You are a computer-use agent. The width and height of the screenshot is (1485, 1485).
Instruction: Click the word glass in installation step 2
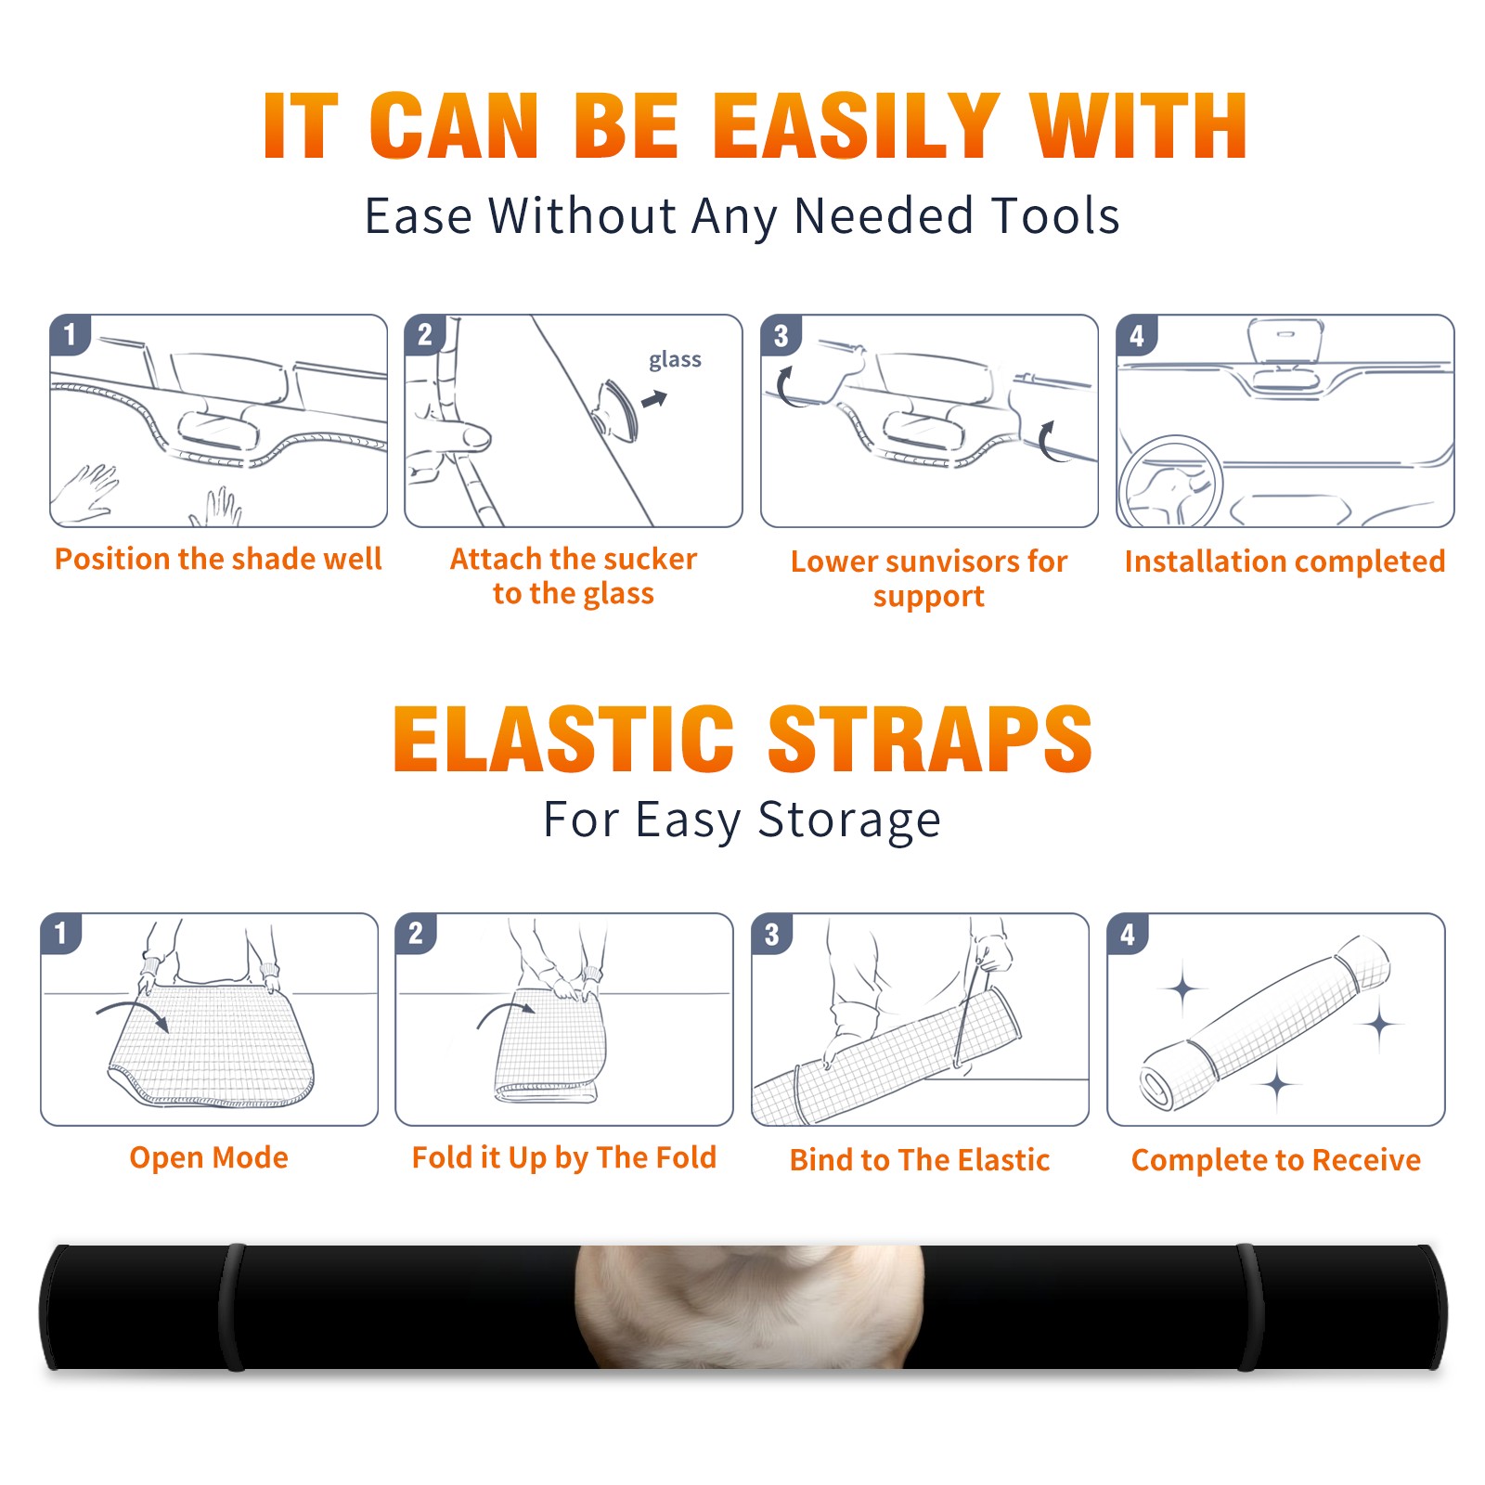[675, 360]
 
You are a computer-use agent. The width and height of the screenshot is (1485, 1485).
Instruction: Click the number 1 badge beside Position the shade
[71, 334]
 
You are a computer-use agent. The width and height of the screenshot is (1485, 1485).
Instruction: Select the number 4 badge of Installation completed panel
[1137, 335]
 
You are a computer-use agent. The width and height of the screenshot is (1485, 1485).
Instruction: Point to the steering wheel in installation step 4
[1170, 482]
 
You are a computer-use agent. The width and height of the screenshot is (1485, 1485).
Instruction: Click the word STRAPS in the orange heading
[930, 739]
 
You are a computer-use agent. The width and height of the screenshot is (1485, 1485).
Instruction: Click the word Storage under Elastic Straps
[848, 820]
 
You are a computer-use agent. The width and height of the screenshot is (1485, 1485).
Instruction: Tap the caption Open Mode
[209, 1158]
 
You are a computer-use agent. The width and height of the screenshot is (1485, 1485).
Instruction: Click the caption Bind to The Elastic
[920, 1160]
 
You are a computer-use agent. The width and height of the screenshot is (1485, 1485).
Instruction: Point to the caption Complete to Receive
[1276, 1160]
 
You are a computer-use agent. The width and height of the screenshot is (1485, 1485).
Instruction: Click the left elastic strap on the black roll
[232, 1307]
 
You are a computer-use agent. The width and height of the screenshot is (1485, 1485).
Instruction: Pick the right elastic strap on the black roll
[1250, 1307]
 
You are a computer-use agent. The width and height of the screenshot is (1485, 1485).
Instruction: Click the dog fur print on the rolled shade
[749, 1307]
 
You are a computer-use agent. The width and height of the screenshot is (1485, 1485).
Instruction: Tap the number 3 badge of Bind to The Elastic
[772, 934]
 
